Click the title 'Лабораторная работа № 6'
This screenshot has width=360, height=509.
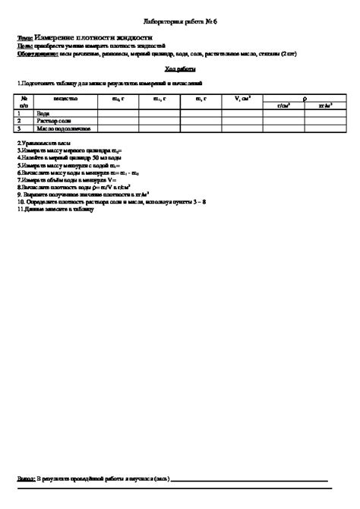coord(180,22)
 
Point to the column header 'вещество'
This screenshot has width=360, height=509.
coord(66,99)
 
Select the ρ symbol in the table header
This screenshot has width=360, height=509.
coord(304,98)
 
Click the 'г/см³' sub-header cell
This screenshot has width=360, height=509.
coord(282,105)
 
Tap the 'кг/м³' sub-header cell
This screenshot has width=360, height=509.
coord(324,105)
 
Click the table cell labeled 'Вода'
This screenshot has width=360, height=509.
coord(43,112)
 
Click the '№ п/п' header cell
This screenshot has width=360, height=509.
coord(24,102)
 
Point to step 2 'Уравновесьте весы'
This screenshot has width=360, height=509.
coord(46,144)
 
